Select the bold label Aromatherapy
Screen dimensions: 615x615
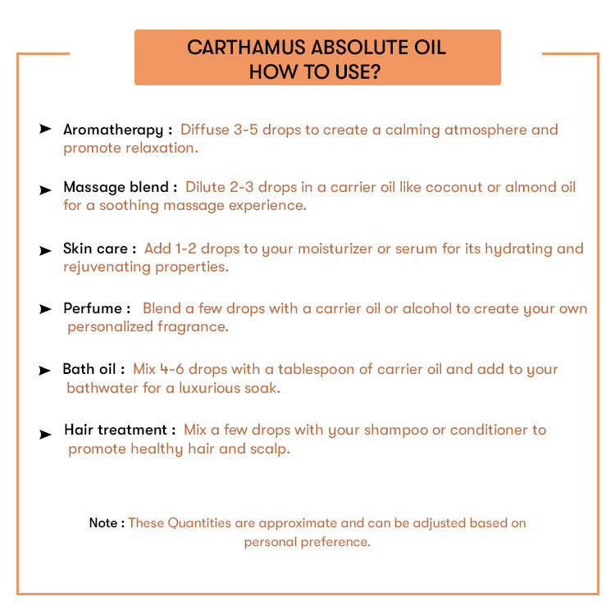(x=113, y=130)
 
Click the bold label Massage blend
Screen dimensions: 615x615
(x=116, y=188)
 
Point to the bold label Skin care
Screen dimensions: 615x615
(x=95, y=248)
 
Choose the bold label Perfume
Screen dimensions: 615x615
(x=93, y=308)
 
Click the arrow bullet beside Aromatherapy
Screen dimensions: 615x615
(x=45, y=130)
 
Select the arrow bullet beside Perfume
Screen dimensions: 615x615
(x=45, y=309)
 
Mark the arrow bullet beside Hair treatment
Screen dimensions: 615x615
(x=45, y=435)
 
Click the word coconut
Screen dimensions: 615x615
(x=451, y=188)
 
